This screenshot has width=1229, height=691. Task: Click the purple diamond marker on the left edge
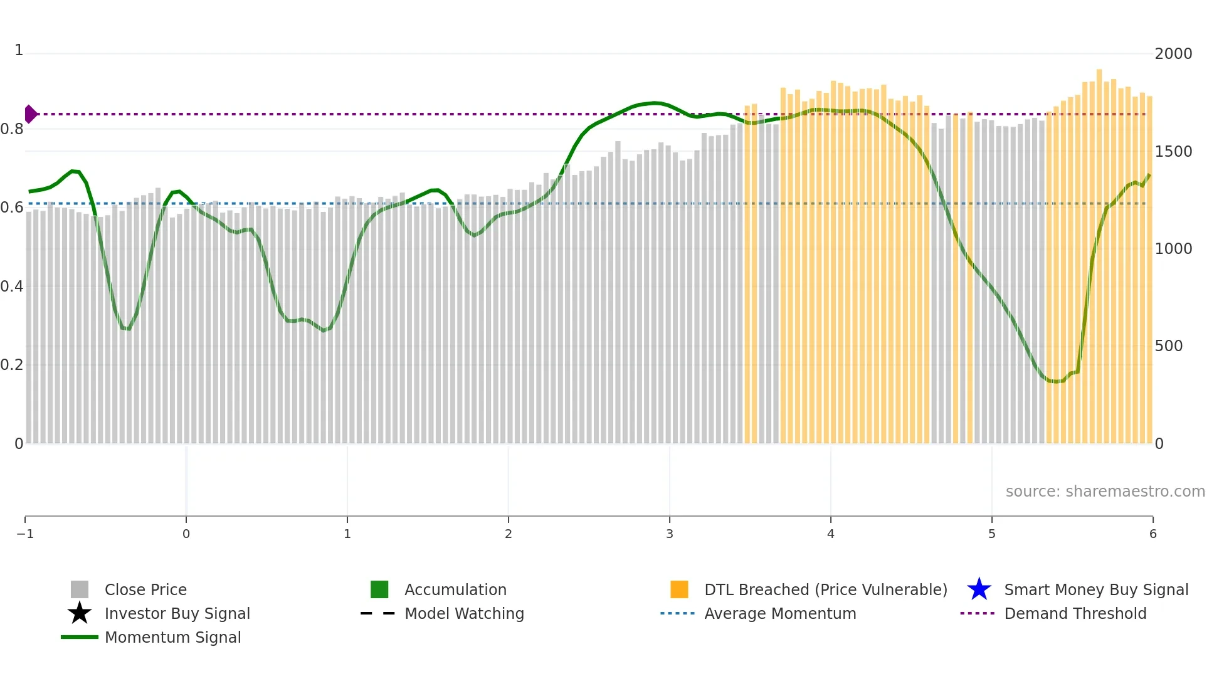[30, 114]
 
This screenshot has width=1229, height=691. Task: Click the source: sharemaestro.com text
[1105, 491]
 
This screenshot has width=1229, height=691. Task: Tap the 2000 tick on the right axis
[1173, 54]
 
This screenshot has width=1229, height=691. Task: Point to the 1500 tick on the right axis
[1173, 152]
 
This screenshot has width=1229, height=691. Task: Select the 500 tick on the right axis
[1168, 346]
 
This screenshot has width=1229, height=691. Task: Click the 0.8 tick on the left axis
[12, 129]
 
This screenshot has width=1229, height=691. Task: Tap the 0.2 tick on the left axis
[12, 365]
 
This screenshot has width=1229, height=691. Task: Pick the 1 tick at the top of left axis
[19, 50]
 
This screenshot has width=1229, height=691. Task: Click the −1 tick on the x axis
[25, 534]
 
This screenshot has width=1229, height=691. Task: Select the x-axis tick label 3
[669, 534]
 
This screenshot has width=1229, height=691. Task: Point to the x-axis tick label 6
[1153, 534]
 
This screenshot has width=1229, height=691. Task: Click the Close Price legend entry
[145, 589]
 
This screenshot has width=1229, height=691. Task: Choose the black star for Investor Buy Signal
[80, 613]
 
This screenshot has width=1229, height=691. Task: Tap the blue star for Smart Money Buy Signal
[979, 589]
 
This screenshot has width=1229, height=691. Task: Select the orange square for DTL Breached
[679, 589]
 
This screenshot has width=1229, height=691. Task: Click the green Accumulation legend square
[379, 589]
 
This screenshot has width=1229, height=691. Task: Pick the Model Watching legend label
[464, 613]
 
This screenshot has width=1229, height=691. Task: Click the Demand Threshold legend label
[1075, 613]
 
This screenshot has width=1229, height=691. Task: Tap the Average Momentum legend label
[779, 613]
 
